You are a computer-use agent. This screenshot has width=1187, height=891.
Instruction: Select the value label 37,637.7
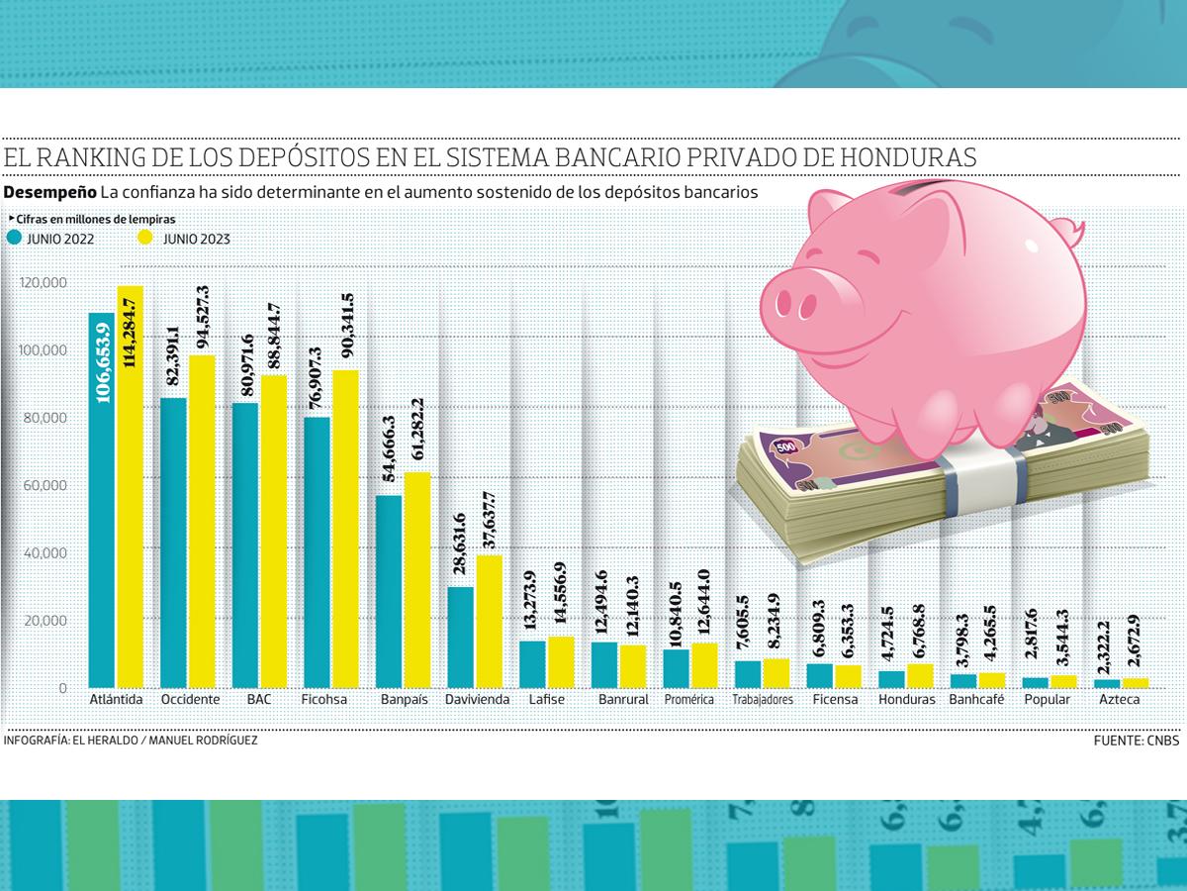pyautogui.click(x=491, y=521)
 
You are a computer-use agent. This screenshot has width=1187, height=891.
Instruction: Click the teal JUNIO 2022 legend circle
pyautogui.click(x=14, y=238)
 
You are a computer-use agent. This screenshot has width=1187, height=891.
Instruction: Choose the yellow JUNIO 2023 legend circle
pyautogui.click(x=145, y=238)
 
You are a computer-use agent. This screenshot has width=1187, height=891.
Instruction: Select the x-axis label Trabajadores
pyautogui.click(x=763, y=700)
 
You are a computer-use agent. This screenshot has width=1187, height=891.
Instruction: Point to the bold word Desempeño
pyautogui.click(x=50, y=191)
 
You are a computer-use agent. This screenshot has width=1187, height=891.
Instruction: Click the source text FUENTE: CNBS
pyautogui.click(x=1137, y=741)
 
